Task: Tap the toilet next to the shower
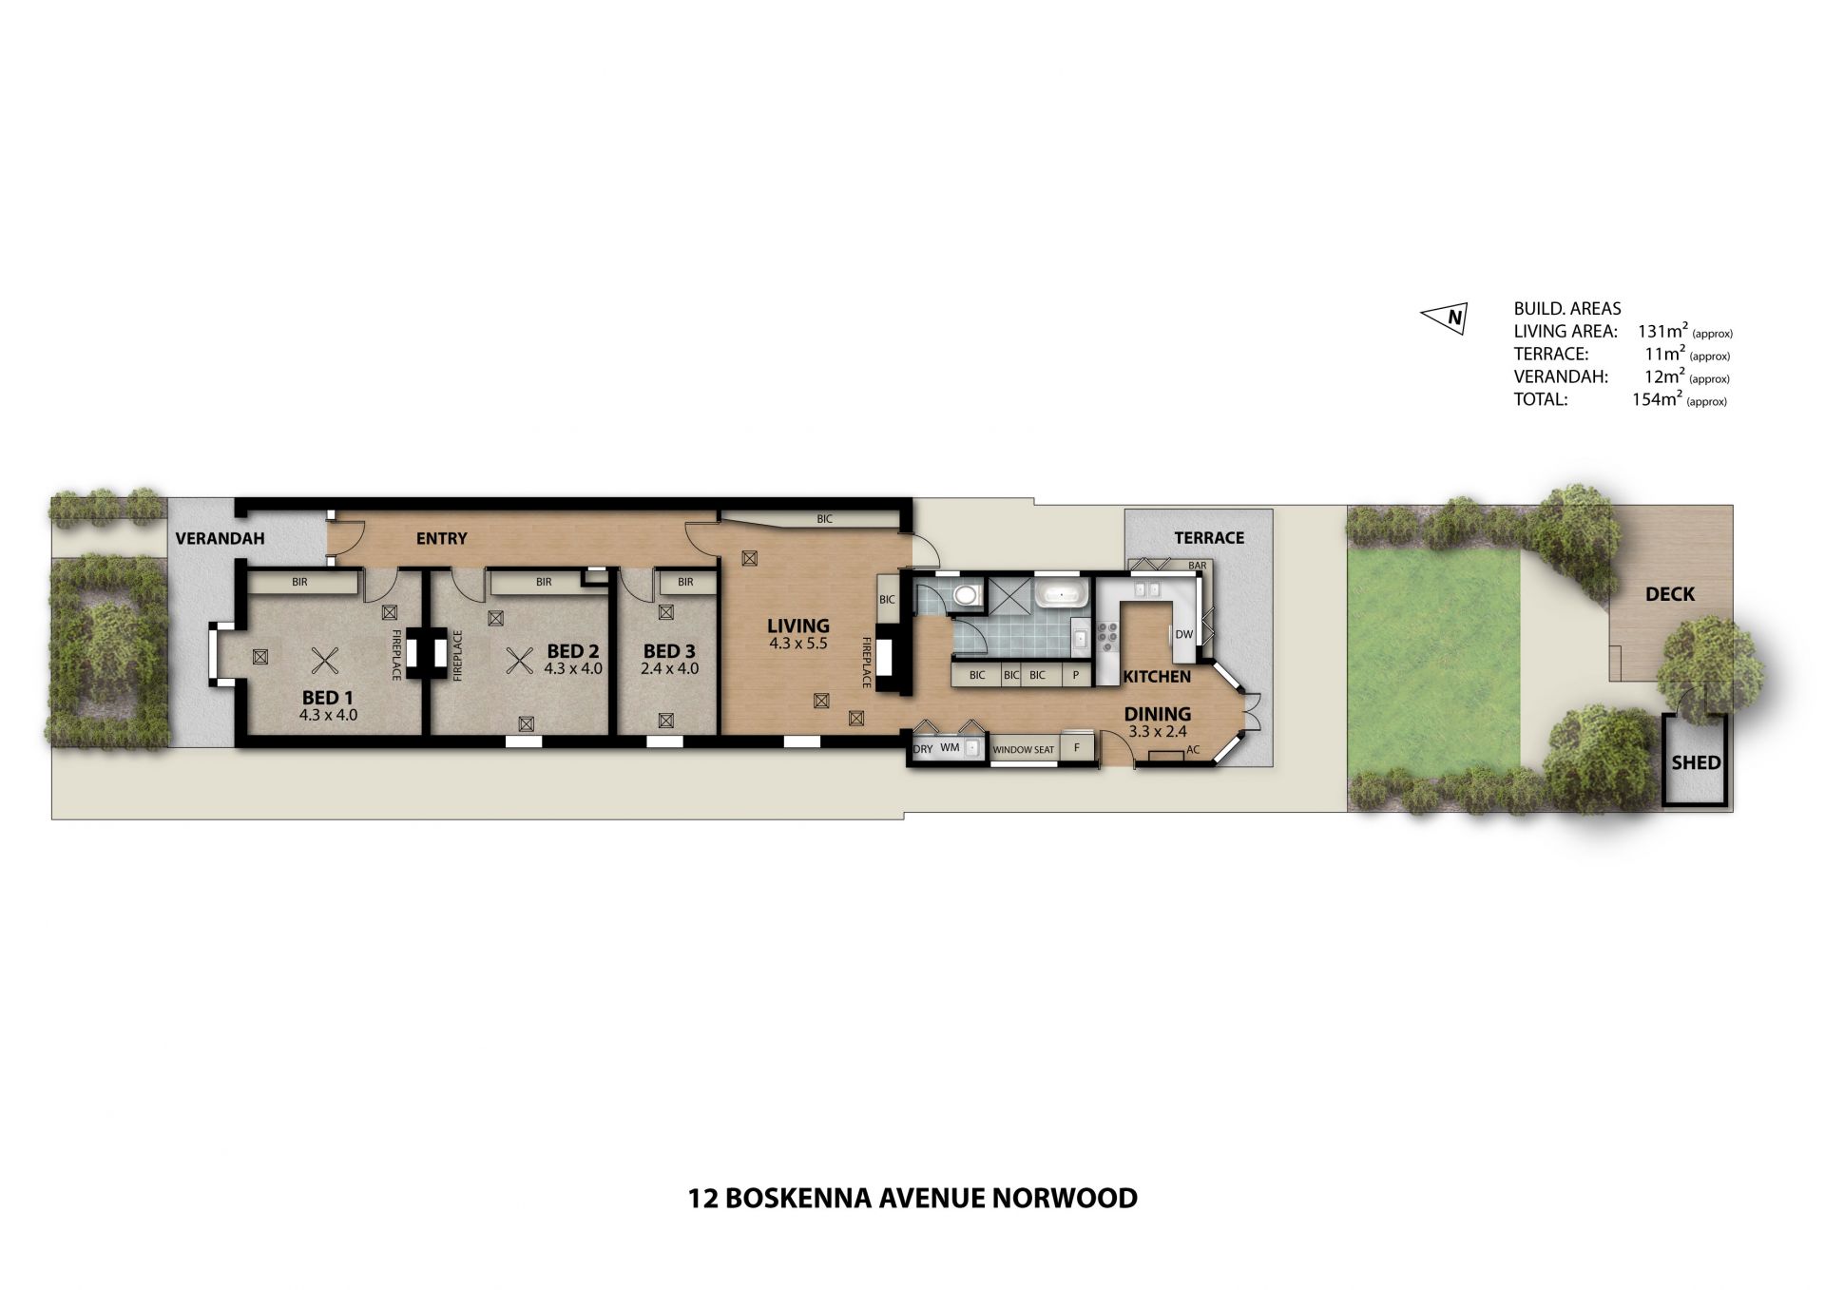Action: [x=964, y=596]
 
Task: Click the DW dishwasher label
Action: [x=1183, y=634]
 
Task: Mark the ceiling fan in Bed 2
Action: [x=519, y=660]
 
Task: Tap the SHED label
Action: [x=1696, y=762]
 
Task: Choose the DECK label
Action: [x=1670, y=594]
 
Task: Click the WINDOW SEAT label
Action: [x=1023, y=750]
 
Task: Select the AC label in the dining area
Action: [x=1193, y=750]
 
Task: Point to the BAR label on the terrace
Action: [x=1198, y=566]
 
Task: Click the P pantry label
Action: [x=1076, y=675]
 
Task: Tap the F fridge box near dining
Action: [x=1077, y=748]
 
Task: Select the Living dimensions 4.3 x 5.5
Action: [x=798, y=644]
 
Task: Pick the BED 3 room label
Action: [x=669, y=651]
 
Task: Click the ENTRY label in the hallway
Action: [x=442, y=539]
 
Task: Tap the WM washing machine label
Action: [x=950, y=748]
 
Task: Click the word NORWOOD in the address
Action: [x=1065, y=1198]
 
